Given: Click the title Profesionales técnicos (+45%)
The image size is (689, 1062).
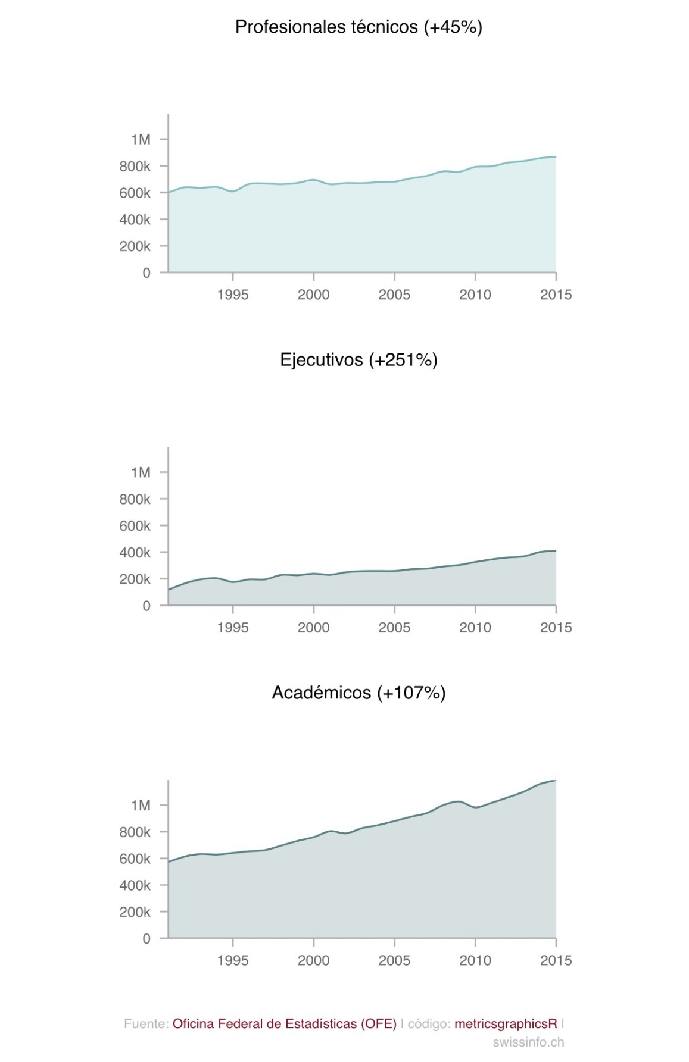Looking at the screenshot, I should (358, 27).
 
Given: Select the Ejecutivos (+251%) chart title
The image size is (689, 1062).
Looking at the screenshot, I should (358, 360).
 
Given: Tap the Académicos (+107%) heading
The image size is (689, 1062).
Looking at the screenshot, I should (358, 693).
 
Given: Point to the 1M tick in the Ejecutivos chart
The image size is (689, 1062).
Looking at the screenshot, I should (141, 472).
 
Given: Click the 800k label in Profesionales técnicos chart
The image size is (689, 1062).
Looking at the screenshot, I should (135, 167).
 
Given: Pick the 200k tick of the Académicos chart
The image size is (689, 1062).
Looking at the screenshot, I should (135, 912).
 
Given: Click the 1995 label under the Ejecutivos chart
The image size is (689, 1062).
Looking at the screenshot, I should (233, 628).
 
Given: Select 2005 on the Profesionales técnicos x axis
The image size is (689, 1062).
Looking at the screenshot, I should (394, 295).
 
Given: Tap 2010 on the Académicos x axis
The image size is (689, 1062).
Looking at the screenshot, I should (475, 961).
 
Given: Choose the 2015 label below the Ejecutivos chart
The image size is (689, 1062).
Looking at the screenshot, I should (556, 628).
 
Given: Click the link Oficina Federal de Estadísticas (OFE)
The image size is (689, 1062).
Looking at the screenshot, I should (285, 1024).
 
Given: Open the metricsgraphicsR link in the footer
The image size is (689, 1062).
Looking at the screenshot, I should (506, 1024).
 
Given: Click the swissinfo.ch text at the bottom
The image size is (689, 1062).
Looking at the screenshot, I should (528, 1042).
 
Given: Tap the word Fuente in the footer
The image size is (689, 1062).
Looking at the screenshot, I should (145, 1024).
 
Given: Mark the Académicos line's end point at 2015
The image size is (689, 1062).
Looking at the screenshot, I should (556, 781).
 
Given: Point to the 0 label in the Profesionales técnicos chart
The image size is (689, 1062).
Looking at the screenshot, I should (146, 273).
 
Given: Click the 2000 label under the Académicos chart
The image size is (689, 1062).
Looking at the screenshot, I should (314, 961).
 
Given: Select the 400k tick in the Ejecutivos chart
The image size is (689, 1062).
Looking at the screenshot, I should (135, 553).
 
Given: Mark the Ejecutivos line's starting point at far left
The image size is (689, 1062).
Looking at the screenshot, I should (169, 590).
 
